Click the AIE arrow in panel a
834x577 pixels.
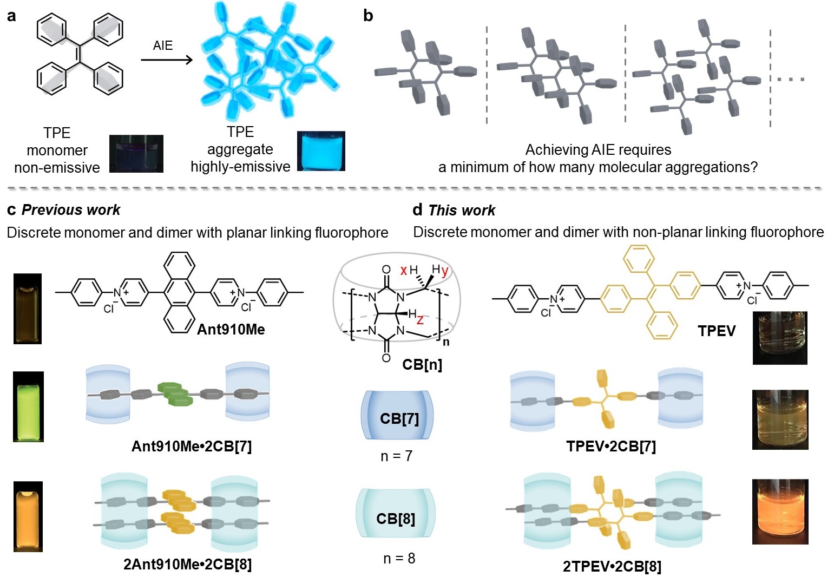[166, 59]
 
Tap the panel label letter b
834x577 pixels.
[368, 16]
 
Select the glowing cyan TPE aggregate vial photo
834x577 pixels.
[321, 151]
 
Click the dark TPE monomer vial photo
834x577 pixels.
[136, 154]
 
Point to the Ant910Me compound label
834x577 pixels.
[231, 329]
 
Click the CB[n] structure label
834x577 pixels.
[422, 364]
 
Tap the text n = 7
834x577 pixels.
[396, 456]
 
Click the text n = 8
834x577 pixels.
[399, 558]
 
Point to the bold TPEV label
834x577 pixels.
[716, 331]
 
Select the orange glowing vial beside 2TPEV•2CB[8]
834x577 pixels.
[780, 512]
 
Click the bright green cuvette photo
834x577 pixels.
[28, 406]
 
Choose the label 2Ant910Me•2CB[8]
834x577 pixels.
[187, 565]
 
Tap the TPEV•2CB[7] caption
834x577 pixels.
[611, 447]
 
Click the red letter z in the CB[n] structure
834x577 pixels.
[420, 320]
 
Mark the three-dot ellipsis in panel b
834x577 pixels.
[791, 79]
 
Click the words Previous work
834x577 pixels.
[71, 210]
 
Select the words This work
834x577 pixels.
[462, 210]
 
